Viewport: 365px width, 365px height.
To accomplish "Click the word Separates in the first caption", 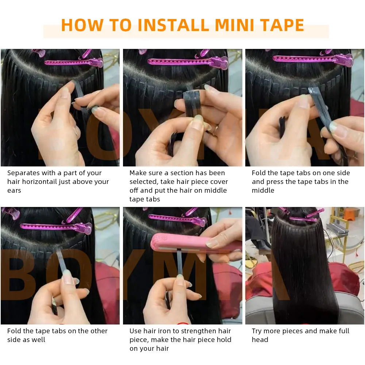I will click(x=24, y=173).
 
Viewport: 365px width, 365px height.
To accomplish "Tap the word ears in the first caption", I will click(x=14, y=191).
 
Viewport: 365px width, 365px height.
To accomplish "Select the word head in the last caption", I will click(x=260, y=340).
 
